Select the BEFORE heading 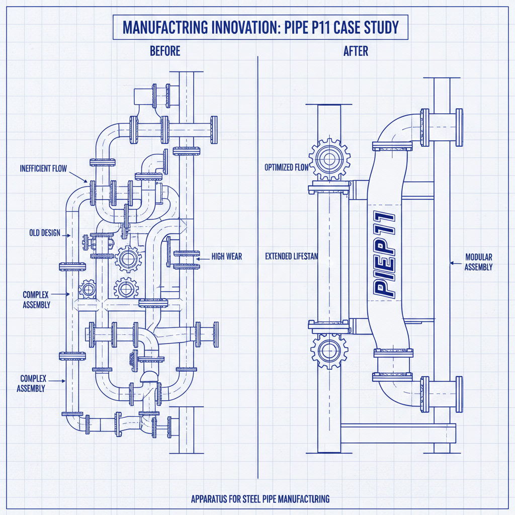165,51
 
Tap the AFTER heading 356,51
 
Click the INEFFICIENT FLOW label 43,168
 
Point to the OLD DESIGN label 45,233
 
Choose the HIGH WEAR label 226,256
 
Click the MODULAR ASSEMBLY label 478,262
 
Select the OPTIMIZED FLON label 286,167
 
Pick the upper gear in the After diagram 328,159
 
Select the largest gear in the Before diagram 128,259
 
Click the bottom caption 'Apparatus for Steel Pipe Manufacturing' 260,499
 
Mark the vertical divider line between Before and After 257,267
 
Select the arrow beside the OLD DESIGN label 66,234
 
